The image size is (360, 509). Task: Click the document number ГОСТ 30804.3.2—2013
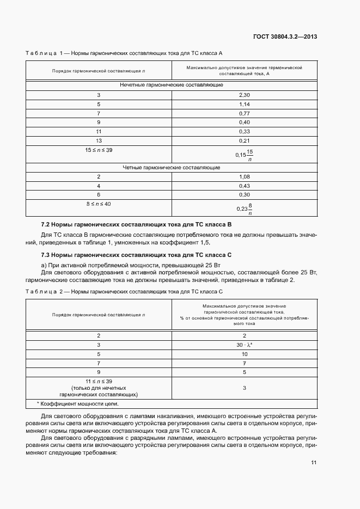tap(285, 37)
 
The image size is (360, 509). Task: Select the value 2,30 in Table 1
tap(244, 95)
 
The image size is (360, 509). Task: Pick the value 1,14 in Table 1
tap(244, 104)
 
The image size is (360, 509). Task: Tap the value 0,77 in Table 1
tap(244, 113)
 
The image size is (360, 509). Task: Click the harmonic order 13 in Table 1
tap(99, 140)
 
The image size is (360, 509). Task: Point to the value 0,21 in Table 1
tap(244, 140)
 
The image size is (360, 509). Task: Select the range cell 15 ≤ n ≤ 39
tap(99, 150)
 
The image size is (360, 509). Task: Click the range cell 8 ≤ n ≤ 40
tap(99, 204)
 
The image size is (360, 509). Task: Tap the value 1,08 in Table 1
tap(244, 177)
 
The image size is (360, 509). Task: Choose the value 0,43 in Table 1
tap(244, 186)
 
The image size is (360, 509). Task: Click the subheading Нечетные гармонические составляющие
tap(172, 85)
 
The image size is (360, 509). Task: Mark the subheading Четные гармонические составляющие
tap(172, 168)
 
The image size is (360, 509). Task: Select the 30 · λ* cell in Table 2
tap(244, 345)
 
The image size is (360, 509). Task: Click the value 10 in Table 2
tap(244, 353)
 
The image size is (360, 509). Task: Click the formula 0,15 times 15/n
tap(245, 155)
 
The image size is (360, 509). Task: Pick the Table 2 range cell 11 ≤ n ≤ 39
tap(99, 381)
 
